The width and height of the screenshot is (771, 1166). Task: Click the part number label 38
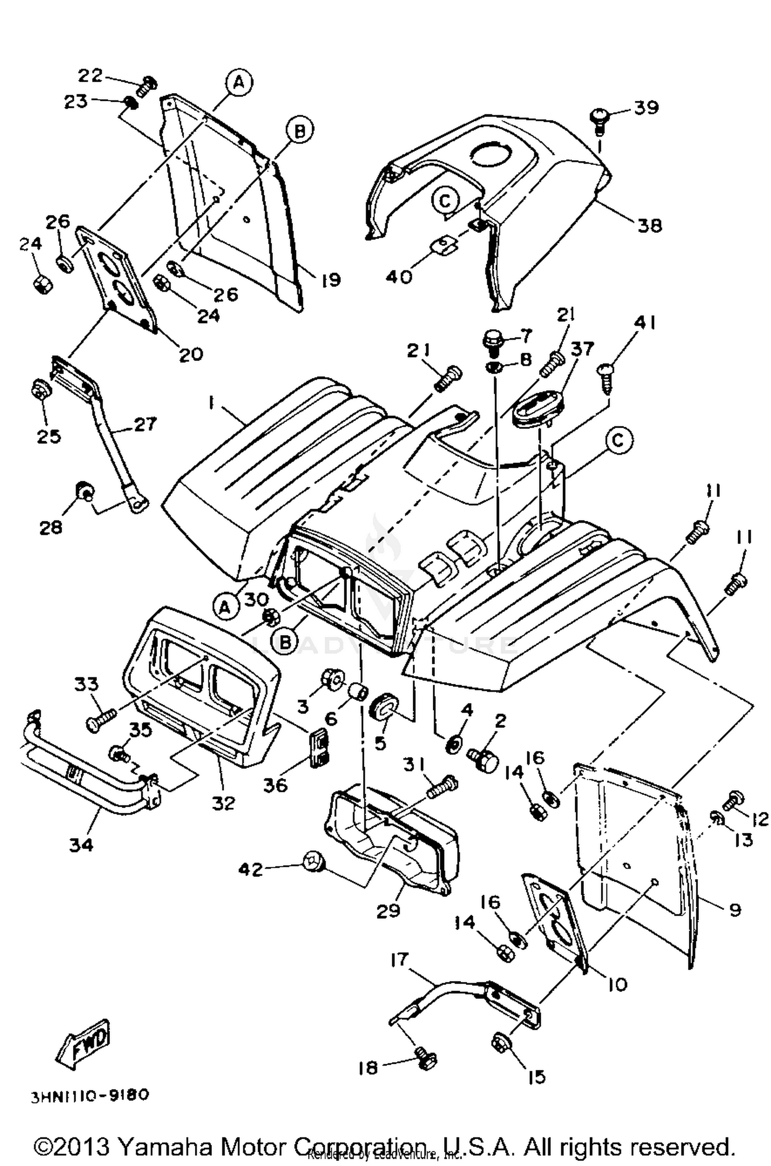point(649,225)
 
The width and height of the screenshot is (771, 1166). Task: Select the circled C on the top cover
point(445,201)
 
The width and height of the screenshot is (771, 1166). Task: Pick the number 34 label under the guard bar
point(81,845)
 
